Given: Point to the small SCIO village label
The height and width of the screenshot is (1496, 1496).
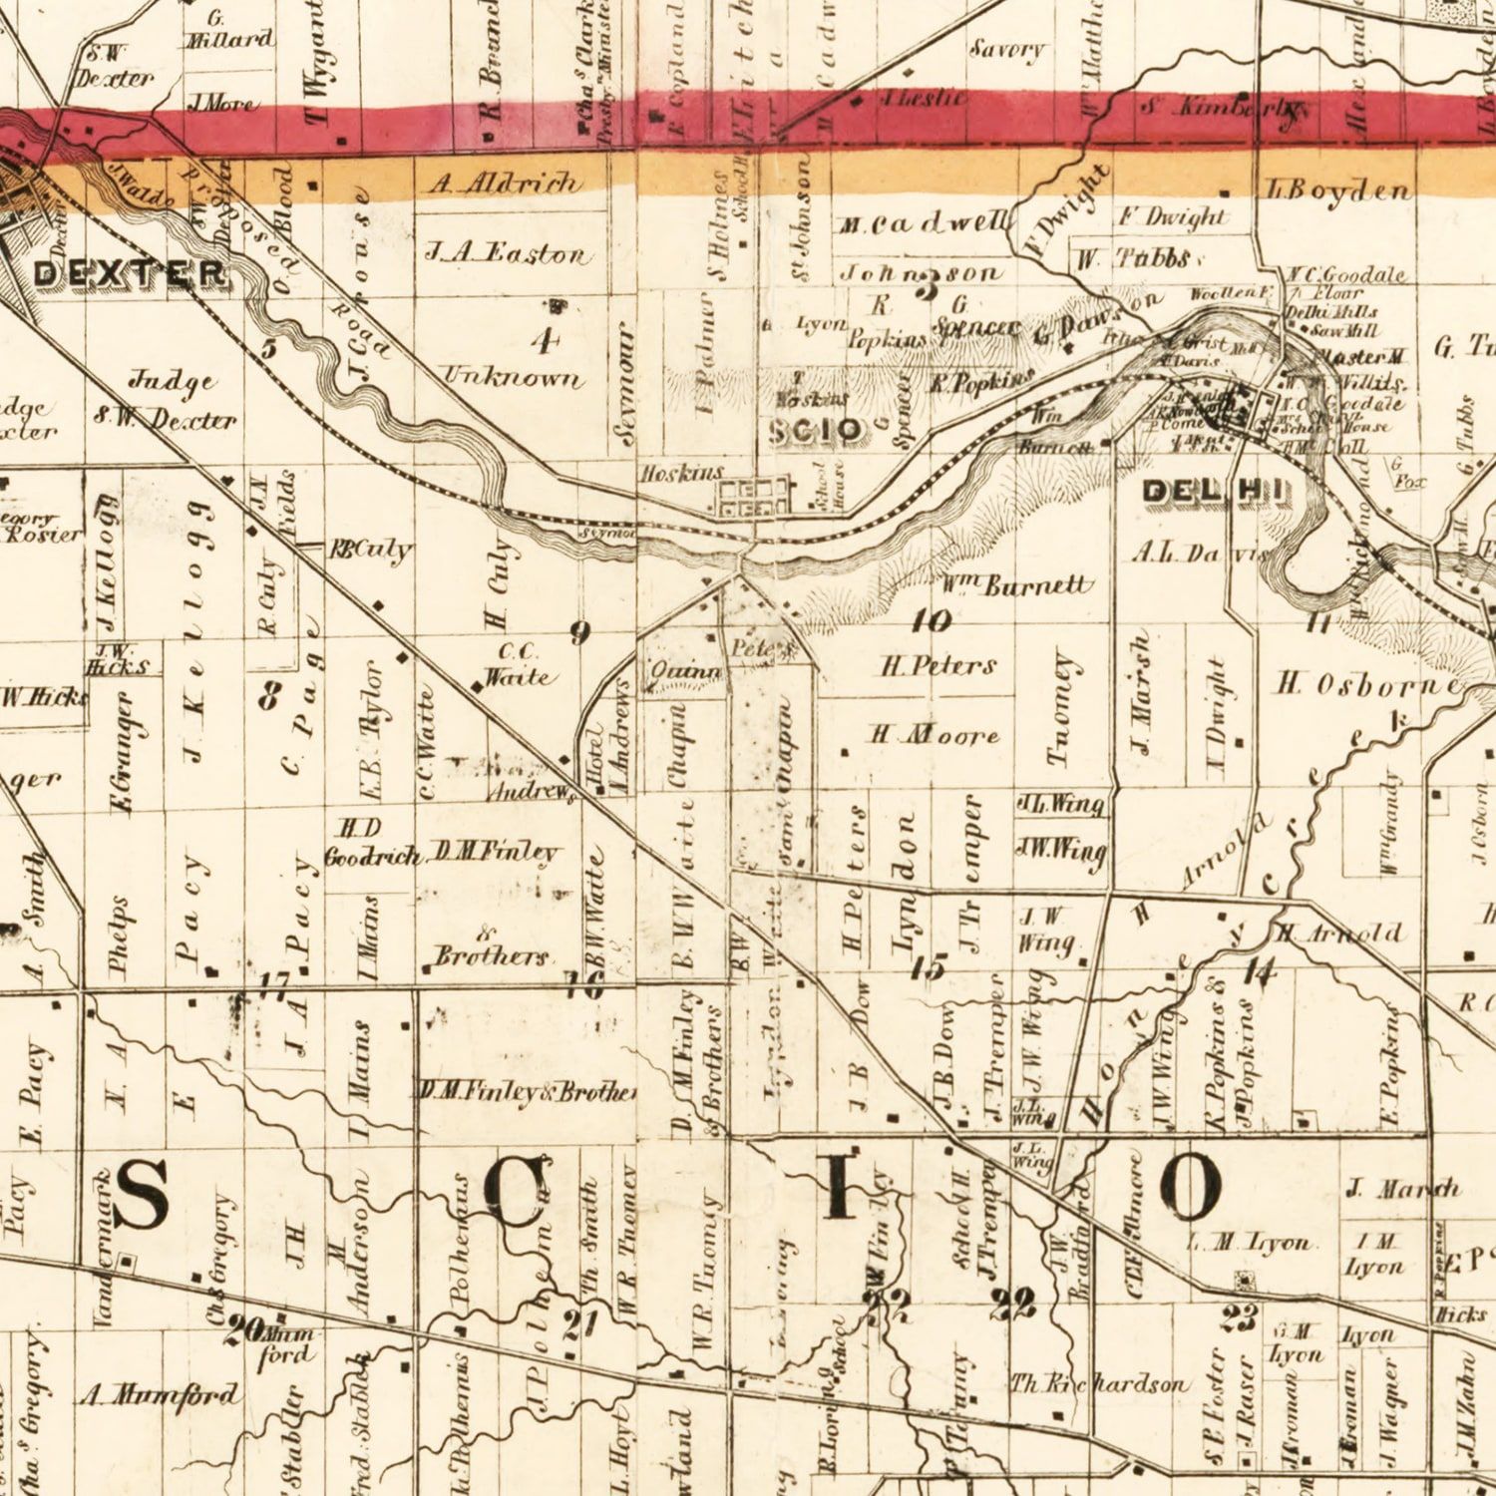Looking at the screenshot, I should (x=816, y=431).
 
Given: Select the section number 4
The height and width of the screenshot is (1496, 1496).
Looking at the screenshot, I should (x=545, y=341).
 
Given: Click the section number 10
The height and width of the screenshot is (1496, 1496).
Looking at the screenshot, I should (x=931, y=621).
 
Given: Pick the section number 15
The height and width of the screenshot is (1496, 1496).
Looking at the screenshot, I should (x=928, y=965).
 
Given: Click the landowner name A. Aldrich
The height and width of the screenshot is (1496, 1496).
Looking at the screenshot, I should (x=505, y=184).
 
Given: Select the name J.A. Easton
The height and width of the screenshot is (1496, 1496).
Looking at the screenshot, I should (x=508, y=254).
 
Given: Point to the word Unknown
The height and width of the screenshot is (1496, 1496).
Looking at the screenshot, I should (x=512, y=377).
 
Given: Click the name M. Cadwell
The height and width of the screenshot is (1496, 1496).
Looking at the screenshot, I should (x=924, y=225).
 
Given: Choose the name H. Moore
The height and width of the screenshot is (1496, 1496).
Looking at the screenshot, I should (x=934, y=736).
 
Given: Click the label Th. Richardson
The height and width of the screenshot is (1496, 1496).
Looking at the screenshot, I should (x=1098, y=1383).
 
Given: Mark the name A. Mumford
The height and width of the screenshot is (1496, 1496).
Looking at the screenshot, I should (x=160, y=1394).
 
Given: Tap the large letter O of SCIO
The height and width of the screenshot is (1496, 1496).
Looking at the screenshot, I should (x=1189, y=1187).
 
